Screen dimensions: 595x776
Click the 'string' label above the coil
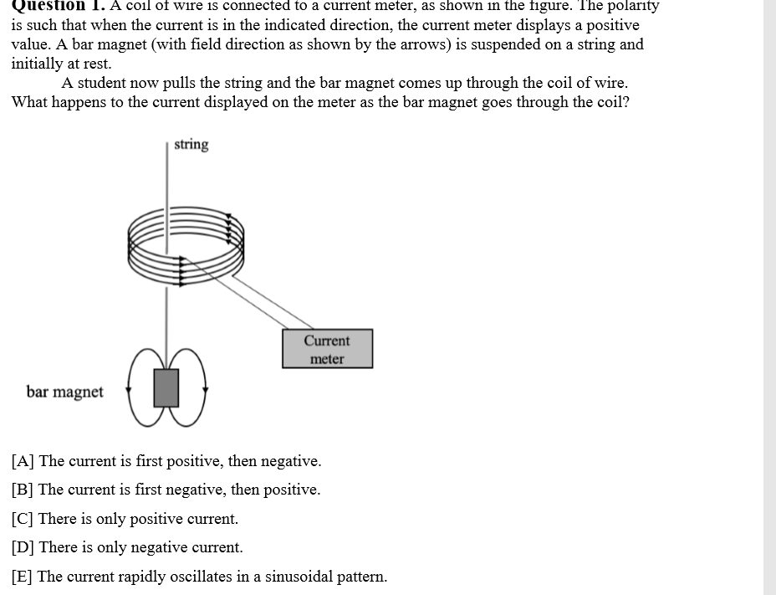191,145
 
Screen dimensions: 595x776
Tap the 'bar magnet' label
65,392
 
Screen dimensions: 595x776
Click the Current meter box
327,349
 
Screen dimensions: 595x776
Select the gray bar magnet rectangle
167,388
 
